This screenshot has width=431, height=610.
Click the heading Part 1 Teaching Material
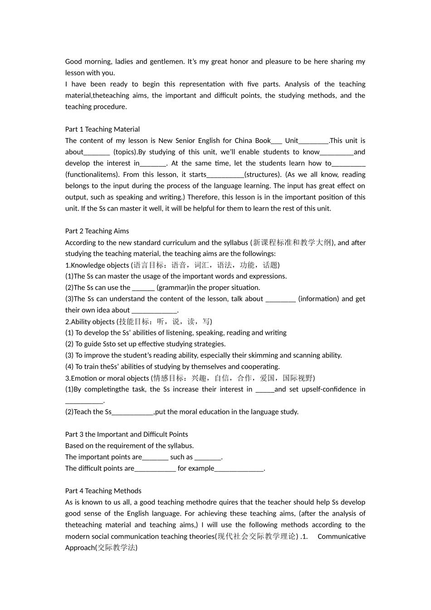[x=102, y=129]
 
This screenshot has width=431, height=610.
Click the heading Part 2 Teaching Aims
[x=97, y=231]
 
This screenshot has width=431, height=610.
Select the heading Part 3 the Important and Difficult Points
[x=126, y=434]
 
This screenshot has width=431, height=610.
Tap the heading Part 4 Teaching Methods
[x=103, y=491]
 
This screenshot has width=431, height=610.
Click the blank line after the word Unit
[x=313, y=141]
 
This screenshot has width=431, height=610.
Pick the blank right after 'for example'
[x=239, y=469]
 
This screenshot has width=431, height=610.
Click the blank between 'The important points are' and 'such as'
[x=155, y=457]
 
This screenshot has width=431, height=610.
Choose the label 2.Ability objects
[x=90, y=322]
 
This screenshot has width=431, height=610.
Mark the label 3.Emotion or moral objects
[x=107, y=379]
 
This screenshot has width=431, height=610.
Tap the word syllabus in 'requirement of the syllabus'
[x=180, y=446]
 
